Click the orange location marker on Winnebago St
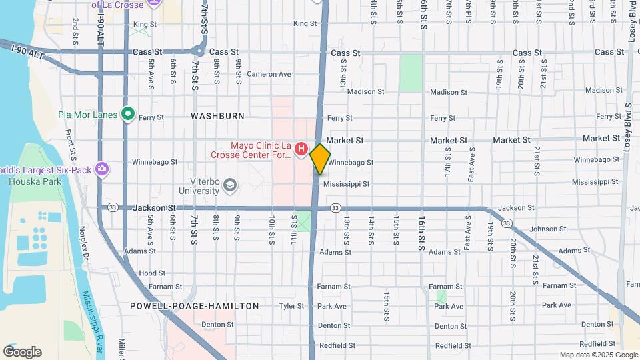point(320,159)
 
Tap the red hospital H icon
point(301,148)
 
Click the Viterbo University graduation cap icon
point(231,184)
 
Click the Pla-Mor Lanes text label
point(87,115)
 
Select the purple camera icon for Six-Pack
point(101,168)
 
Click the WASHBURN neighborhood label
point(217,115)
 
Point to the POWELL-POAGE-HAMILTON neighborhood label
point(195,306)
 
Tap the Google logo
point(22,352)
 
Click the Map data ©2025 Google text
point(598,355)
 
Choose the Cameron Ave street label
point(269,74)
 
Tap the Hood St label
point(152,273)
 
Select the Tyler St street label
point(291,306)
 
